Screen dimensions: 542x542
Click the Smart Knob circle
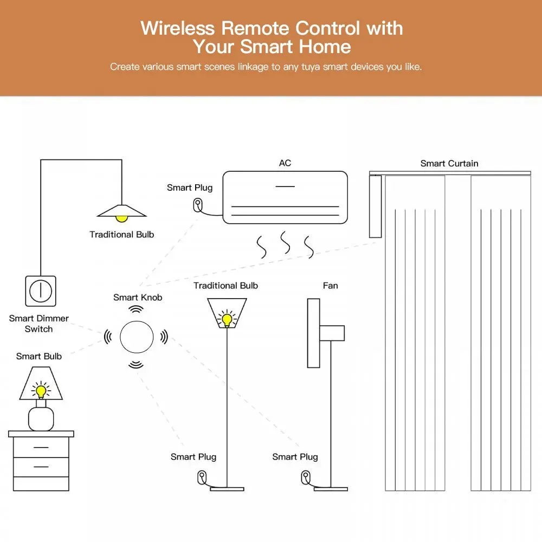[135, 337]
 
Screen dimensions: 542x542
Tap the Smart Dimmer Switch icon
[41, 291]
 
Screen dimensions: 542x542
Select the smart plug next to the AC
[198, 205]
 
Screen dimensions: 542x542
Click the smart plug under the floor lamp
[202, 478]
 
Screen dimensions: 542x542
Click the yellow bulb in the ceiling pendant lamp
[122, 218]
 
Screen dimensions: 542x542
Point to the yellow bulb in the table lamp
[41, 391]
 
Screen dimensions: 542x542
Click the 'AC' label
[285, 163]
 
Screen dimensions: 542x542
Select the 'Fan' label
[330, 286]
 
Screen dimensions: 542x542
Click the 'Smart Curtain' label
[449, 163]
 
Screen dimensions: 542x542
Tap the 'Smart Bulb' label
[39, 356]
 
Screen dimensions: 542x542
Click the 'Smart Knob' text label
[138, 297]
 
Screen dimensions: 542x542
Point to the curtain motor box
[375, 207]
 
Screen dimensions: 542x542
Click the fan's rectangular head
[313, 333]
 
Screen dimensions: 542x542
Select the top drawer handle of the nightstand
[41, 447]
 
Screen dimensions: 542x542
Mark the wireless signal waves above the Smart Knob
[135, 309]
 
